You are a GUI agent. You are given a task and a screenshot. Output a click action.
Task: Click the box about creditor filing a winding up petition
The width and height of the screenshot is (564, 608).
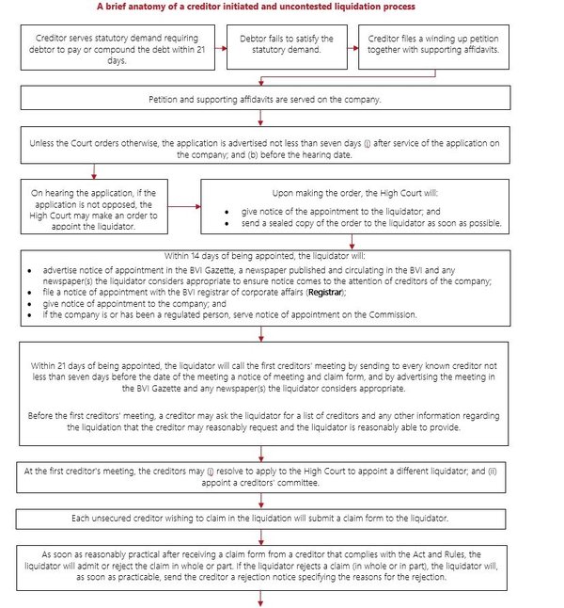(x=434, y=44)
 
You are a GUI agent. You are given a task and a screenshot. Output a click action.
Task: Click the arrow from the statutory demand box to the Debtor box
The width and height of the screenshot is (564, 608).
(x=218, y=44)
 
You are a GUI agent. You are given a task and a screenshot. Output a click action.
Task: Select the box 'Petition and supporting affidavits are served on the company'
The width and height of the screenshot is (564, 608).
(x=264, y=98)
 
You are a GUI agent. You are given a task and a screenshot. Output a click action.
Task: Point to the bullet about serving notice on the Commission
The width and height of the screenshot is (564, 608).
(x=229, y=314)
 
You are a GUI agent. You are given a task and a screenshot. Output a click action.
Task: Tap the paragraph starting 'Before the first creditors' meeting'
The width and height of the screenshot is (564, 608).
(x=264, y=421)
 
